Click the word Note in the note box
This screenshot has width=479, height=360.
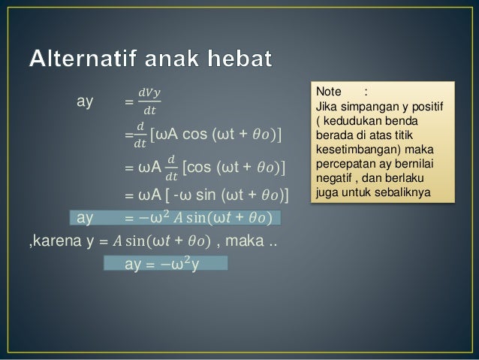pos(330,92)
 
